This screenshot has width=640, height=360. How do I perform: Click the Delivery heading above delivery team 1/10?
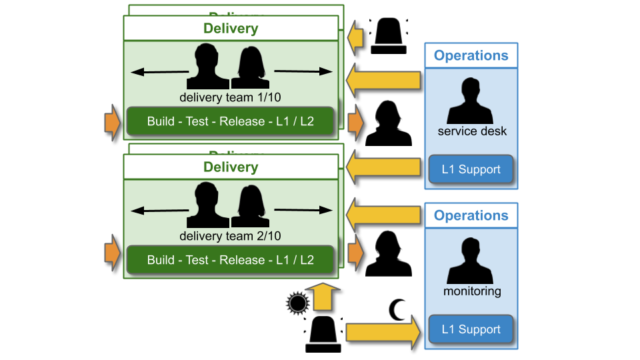tap(231, 28)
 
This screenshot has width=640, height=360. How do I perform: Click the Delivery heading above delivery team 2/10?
tap(231, 166)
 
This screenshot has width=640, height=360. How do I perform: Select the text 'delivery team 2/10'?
tap(231, 235)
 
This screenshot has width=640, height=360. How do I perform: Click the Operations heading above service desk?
tap(471, 56)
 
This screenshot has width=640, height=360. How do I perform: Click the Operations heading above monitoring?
tap(471, 215)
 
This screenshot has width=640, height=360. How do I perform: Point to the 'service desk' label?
tap(471, 132)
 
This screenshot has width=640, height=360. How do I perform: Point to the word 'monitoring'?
tap(471, 291)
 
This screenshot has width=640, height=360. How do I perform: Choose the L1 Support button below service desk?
tap(471, 169)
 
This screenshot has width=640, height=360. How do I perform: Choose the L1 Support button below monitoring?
tap(471, 328)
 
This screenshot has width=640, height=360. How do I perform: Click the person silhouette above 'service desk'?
tap(471, 100)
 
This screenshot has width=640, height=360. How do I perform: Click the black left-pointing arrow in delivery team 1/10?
tap(161, 71)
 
